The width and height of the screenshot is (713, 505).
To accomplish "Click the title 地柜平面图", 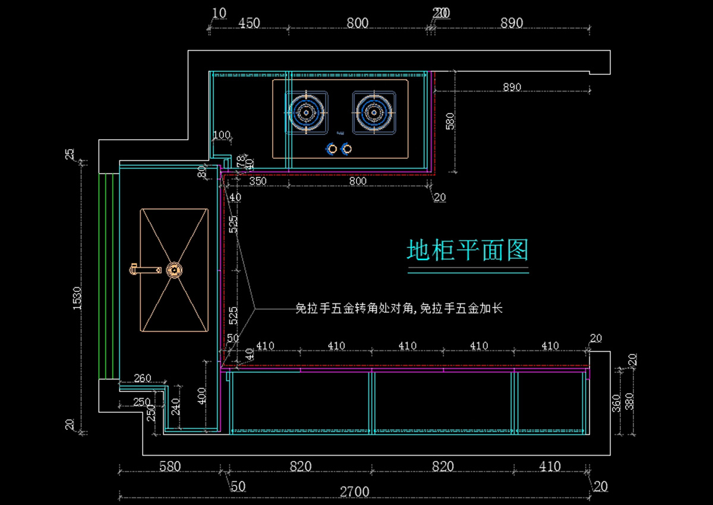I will (x=468, y=250).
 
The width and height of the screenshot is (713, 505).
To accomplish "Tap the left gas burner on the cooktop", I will (x=307, y=112).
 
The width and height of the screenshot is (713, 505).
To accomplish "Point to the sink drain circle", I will (x=174, y=270).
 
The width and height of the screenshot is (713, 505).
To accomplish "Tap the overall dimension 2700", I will (x=354, y=492).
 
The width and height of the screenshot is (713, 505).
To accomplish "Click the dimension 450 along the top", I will (x=250, y=23).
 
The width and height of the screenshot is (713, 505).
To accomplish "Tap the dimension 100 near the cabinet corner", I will (x=221, y=136).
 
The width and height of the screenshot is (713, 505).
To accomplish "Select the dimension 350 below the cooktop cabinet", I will (x=257, y=181).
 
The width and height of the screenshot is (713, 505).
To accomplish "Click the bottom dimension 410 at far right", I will (x=550, y=466).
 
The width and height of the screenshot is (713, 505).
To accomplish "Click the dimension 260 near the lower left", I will (x=142, y=378).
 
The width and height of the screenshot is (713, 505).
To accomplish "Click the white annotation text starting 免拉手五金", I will (x=399, y=308).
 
